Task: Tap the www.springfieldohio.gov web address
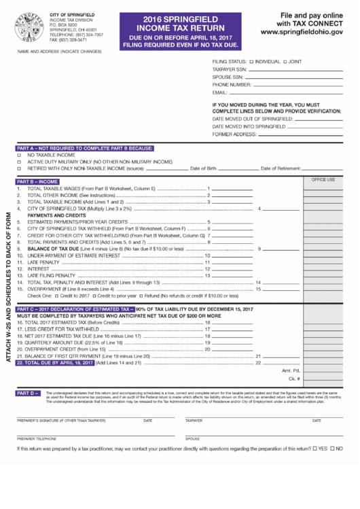tap(301, 32)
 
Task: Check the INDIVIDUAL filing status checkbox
tap(251, 62)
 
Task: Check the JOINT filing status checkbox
tap(285, 62)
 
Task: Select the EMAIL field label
tap(219, 92)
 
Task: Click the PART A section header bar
tap(85, 148)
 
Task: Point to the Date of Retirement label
tap(280, 169)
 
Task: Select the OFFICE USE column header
tap(323, 180)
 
